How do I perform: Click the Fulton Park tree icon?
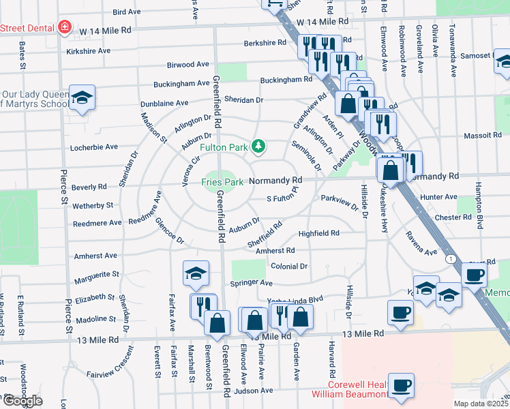coord(258,146)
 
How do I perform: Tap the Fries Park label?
coord(222,181)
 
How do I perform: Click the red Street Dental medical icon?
coord(64,27)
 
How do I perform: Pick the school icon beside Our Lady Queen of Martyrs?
coord(82,99)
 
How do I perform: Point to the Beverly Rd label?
coord(89,187)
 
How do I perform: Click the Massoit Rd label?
coord(483,136)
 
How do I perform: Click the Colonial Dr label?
coord(290,267)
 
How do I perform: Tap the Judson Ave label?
coord(253,391)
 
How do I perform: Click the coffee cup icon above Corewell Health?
coord(401,384)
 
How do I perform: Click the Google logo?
coord(22,401)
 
